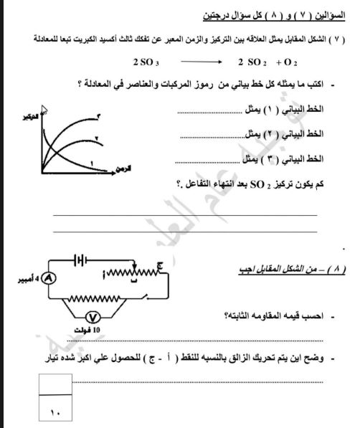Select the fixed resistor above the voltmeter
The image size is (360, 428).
[103, 296]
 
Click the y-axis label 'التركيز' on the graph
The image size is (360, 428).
[32, 116]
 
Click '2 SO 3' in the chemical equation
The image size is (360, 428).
[145, 62]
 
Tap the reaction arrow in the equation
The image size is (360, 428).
[206, 62]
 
